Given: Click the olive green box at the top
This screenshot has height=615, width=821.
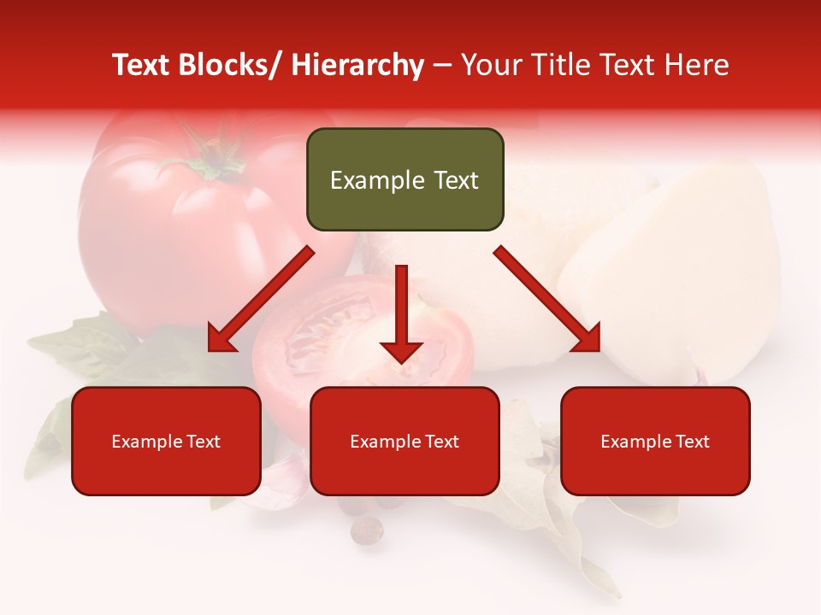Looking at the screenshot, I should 405,179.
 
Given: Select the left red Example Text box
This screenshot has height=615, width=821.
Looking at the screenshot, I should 166,441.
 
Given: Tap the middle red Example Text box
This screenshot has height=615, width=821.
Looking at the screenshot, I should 405,441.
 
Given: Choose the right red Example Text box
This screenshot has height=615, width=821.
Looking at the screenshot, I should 655,441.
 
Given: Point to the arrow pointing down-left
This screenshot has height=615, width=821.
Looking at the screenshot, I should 261,299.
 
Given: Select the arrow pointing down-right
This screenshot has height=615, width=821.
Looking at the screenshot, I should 547,299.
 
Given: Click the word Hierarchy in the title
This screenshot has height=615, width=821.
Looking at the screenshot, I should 357,65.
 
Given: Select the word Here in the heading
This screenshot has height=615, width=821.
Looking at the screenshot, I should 697,65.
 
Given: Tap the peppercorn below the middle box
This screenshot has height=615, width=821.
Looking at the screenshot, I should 368,531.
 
